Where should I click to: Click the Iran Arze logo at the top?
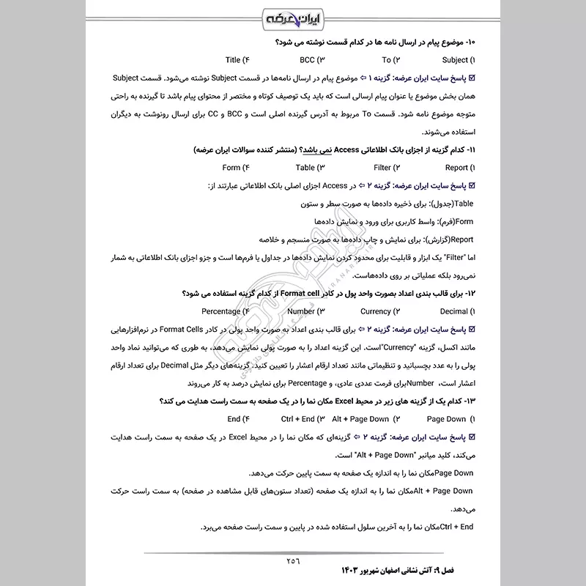pos(293,17)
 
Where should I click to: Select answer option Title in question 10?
pos(234,60)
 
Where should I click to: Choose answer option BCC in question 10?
pos(311,60)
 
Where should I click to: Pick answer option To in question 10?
pos(386,60)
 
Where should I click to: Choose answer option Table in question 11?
pos(306,168)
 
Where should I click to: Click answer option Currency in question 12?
pos(376,311)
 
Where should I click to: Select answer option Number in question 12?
pos(301,311)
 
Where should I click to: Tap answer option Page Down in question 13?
pos(446,419)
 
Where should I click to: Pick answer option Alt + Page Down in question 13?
pos(360,419)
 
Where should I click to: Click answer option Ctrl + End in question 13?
pos(297,419)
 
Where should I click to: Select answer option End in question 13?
pos(234,419)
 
